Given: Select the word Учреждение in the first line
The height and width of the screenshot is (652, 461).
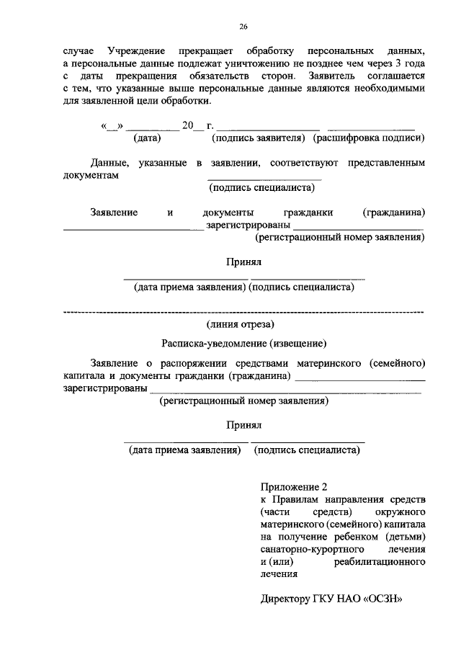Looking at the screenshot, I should [x=136, y=53].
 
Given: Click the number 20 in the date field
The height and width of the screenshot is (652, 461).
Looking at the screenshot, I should [x=189, y=125].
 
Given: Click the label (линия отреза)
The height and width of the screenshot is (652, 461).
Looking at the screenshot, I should [x=243, y=326].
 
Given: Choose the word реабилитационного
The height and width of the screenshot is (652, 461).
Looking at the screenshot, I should [x=381, y=561].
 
